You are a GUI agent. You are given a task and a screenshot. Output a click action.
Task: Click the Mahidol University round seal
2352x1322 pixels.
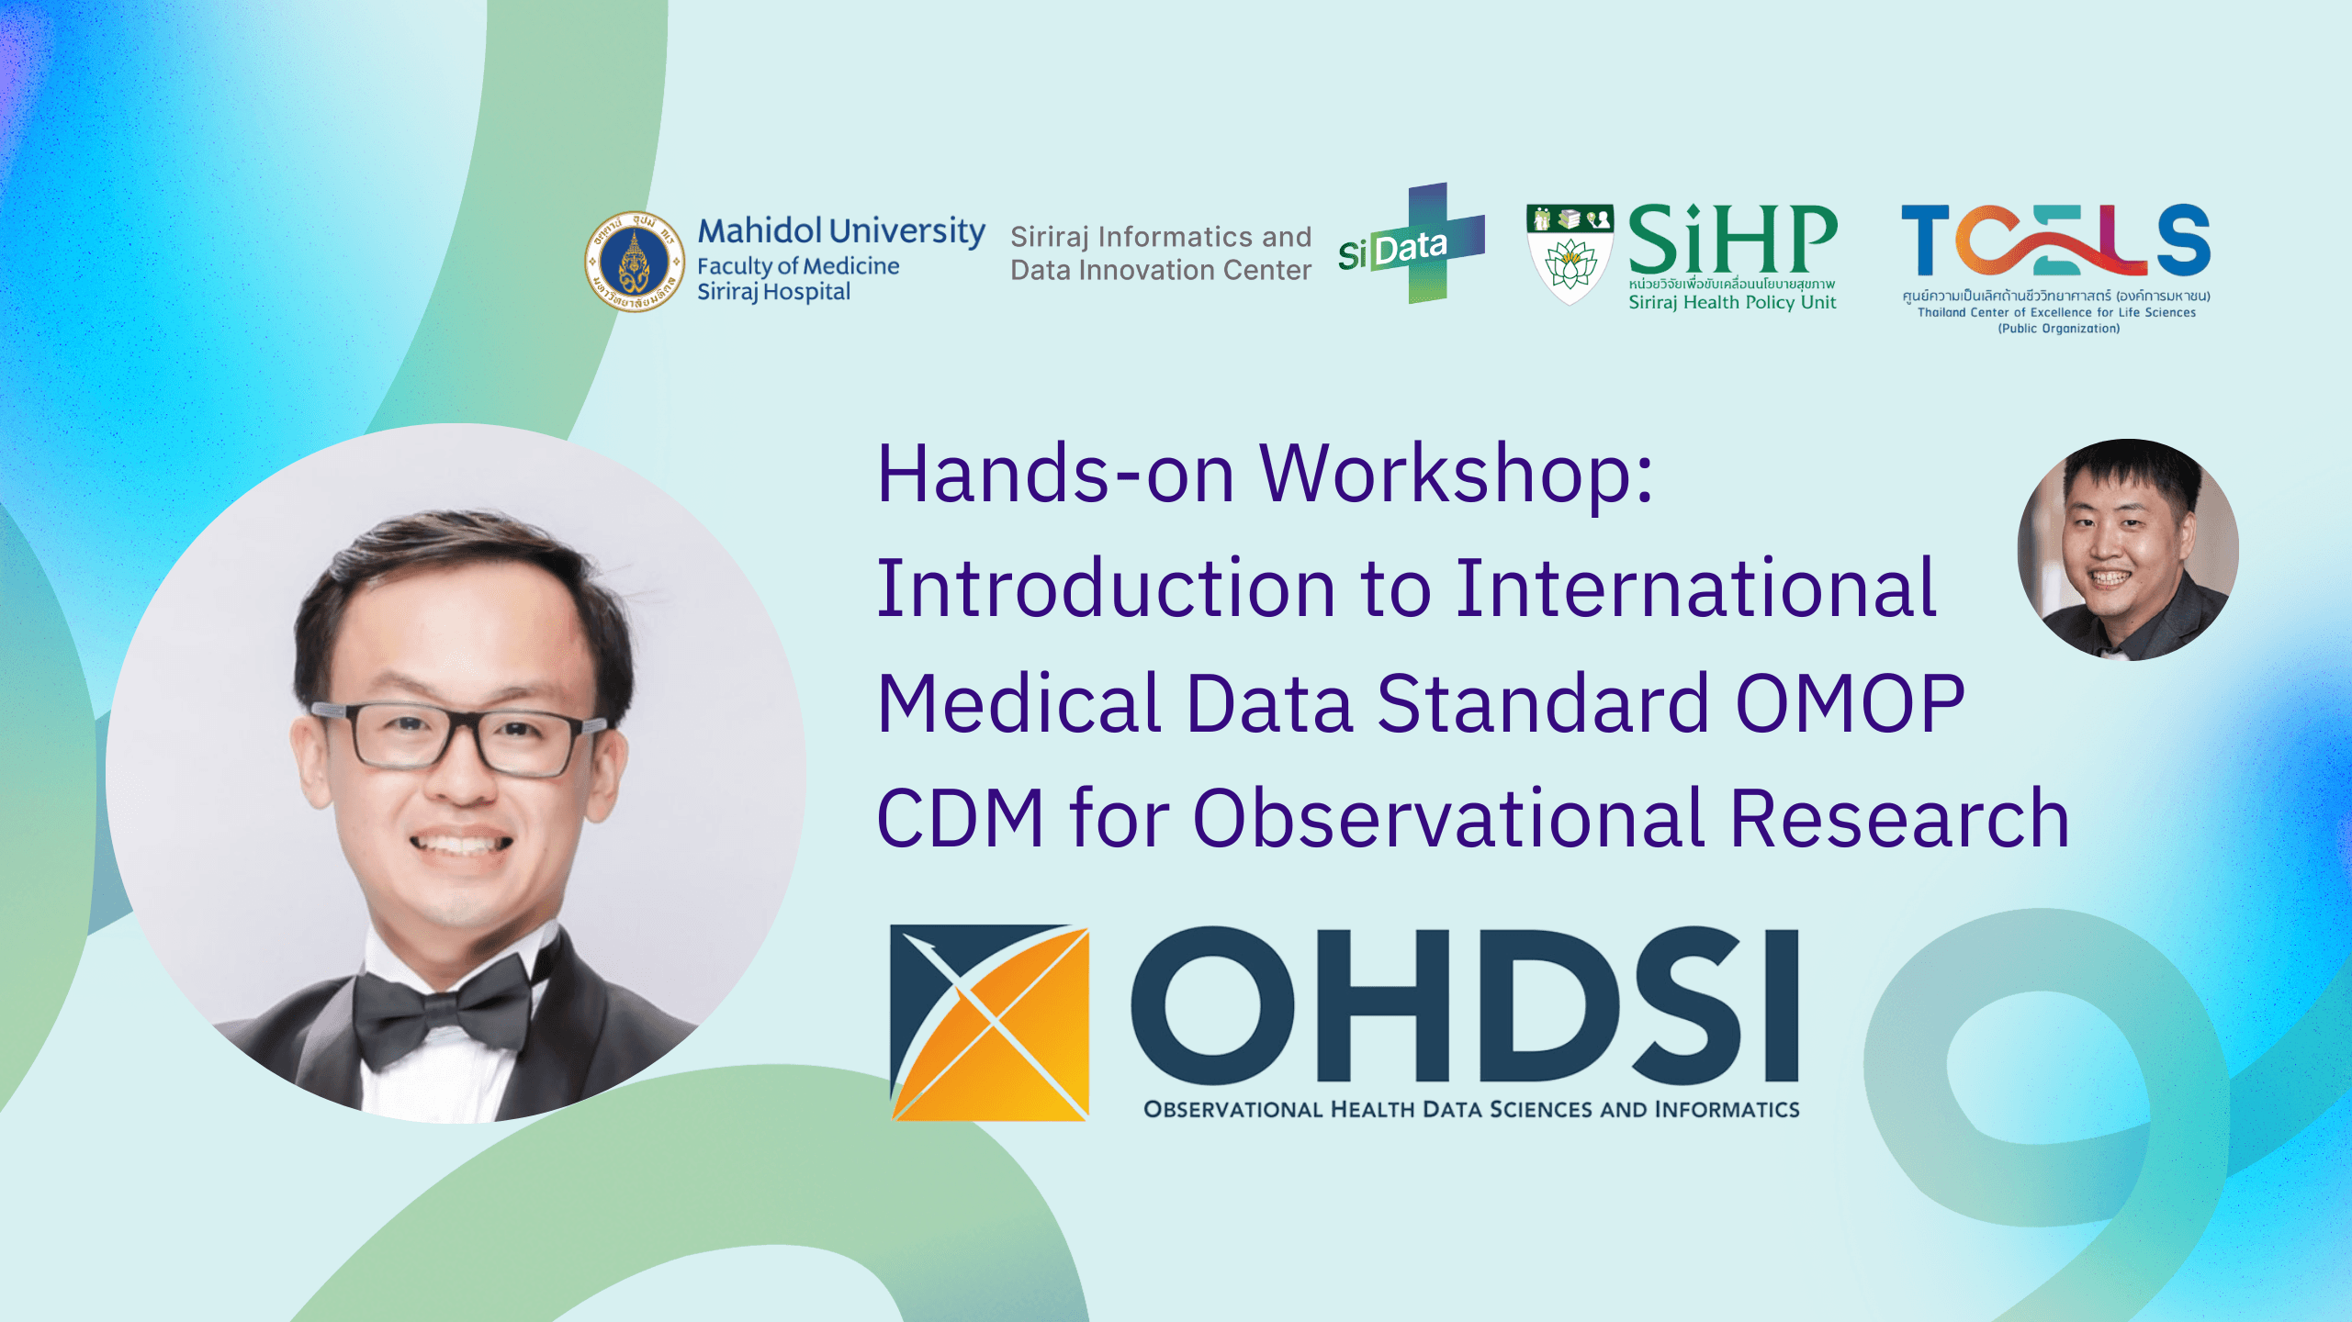tap(635, 262)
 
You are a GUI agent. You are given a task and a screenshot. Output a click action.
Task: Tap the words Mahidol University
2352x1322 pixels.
tap(841, 231)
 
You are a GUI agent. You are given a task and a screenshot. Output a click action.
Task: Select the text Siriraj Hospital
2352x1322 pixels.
tap(773, 292)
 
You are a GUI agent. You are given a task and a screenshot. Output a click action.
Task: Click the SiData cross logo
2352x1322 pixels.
tap(1412, 243)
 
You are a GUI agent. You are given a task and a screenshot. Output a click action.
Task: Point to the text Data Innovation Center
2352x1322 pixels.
tap(1161, 270)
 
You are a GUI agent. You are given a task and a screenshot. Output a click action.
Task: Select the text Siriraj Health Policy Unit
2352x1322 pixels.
tap(1732, 302)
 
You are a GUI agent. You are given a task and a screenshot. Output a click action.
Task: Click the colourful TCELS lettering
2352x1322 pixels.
tap(2055, 240)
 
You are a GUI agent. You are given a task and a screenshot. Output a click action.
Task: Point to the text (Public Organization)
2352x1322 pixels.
tap(2058, 329)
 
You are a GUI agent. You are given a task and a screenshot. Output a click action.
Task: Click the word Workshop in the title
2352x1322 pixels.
tap(1456, 475)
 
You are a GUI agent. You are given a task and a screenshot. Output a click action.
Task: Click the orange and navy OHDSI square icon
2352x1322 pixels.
tap(990, 1023)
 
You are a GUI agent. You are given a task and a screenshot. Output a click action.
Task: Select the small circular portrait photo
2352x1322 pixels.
tap(2128, 550)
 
